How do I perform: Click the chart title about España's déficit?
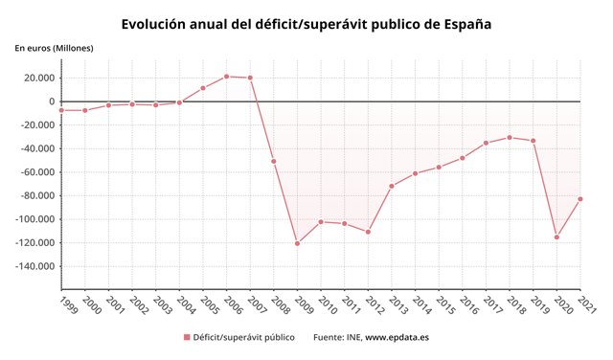(306, 22)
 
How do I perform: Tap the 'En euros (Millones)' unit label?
(55, 48)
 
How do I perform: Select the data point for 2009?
(297, 243)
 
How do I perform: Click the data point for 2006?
(226, 76)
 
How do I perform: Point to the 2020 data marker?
(556, 236)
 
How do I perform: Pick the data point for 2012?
(368, 232)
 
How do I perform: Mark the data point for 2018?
(510, 137)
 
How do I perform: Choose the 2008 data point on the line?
(273, 161)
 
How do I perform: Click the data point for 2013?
(392, 186)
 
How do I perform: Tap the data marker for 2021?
(580, 199)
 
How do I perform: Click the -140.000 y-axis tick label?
(32, 266)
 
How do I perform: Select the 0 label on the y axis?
(52, 101)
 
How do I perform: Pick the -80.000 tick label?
(34, 195)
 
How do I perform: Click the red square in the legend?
(187, 338)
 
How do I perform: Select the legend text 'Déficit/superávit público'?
(243, 338)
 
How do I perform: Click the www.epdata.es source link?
(397, 338)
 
